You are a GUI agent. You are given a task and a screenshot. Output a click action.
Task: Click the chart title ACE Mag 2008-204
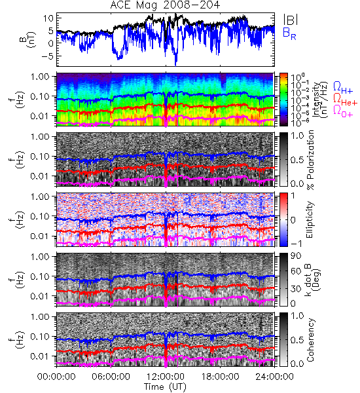(165, 5)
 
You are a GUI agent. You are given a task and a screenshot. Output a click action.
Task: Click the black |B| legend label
(291, 20)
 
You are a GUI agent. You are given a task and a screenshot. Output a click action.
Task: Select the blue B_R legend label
(289, 34)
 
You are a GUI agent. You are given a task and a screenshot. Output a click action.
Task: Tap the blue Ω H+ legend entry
(343, 88)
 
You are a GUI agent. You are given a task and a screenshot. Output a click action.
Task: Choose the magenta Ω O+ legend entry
(343, 111)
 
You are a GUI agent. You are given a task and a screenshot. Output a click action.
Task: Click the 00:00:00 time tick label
(56, 377)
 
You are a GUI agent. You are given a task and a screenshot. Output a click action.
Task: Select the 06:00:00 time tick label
(111, 377)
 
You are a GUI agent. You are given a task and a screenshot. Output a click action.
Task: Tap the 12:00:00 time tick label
(166, 377)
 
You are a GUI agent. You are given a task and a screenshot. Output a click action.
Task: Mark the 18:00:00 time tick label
(220, 377)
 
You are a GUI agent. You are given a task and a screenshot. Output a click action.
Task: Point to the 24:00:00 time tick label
(274, 377)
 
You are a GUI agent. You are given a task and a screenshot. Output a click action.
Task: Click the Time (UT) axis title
(166, 386)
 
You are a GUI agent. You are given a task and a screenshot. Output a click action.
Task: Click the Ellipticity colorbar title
(310, 219)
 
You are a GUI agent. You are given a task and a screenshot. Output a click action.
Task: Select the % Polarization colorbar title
(310, 160)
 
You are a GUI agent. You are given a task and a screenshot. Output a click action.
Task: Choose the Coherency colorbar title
(310, 340)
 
